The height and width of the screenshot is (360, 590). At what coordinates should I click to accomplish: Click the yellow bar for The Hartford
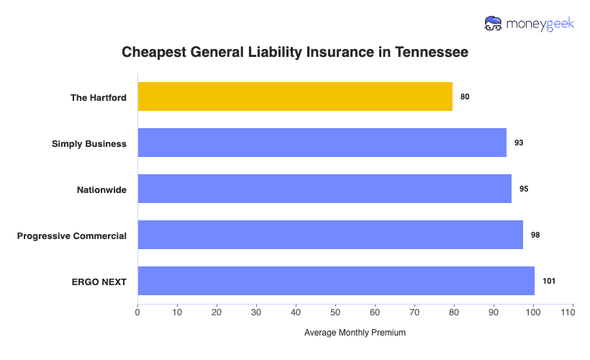pos(295,96)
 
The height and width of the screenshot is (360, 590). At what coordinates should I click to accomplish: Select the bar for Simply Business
pos(322,143)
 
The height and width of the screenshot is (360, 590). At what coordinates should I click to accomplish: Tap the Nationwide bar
pos(324,189)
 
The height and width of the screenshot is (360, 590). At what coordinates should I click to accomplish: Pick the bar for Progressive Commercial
pos(330,235)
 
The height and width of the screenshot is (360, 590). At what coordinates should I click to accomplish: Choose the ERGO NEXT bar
pos(336,281)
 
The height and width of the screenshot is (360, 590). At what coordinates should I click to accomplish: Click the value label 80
pos(465,96)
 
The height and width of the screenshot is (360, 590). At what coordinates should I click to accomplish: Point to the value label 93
pos(519,143)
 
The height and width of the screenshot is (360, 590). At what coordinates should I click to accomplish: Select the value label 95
pos(524,189)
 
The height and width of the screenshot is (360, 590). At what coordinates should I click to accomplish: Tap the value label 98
pos(535,235)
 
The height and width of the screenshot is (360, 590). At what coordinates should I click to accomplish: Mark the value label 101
pos(549,281)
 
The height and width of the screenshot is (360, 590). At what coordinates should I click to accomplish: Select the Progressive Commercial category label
pos(72,235)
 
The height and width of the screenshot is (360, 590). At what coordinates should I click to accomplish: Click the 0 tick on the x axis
pos(137,312)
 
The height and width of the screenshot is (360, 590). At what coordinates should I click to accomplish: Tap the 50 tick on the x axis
pos(335,312)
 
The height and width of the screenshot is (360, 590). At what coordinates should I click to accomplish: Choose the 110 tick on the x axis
pos(573,312)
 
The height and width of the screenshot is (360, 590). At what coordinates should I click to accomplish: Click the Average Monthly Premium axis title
pos(355,333)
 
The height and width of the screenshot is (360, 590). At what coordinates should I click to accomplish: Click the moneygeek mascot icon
pos(494,24)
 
